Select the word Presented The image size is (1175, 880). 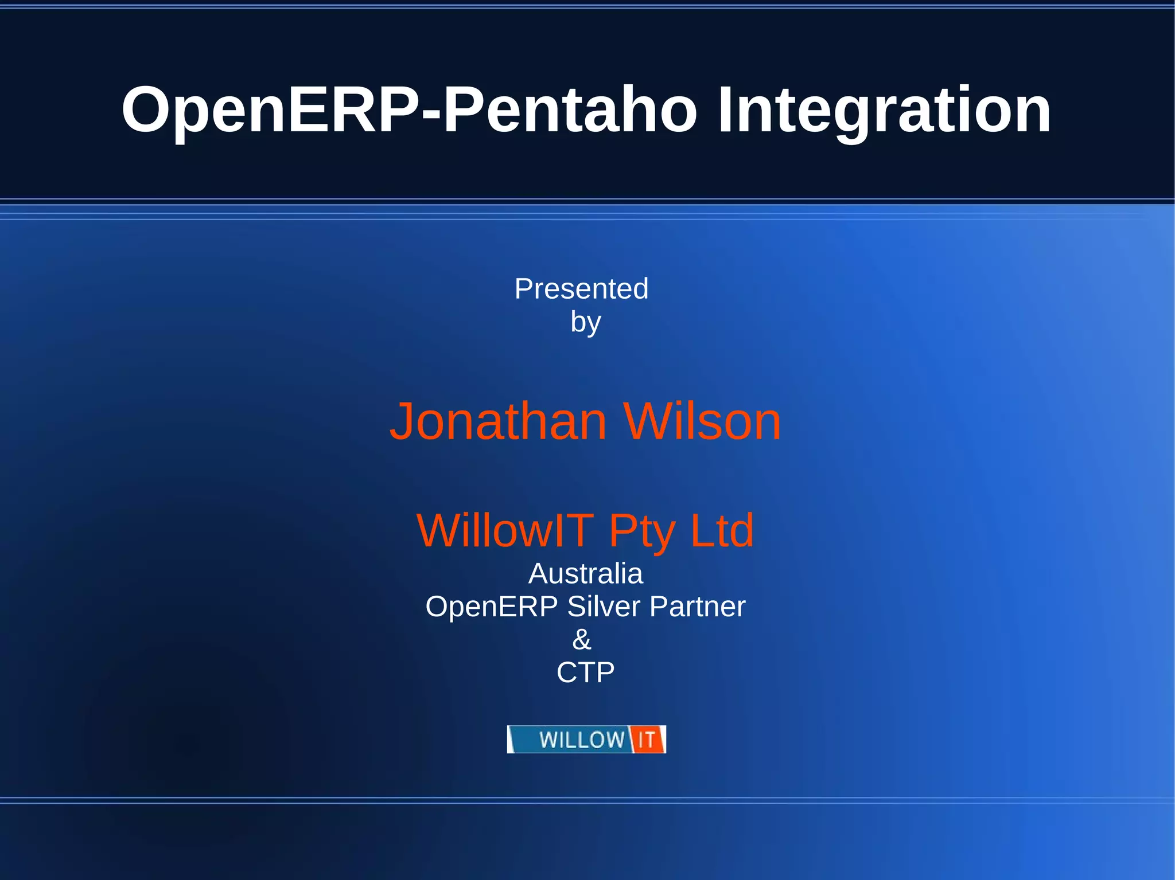point(581,288)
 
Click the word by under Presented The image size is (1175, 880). point(585,322)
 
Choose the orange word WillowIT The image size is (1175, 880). point(505,530)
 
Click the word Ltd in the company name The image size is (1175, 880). point(721,530)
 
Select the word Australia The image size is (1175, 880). point(585,573)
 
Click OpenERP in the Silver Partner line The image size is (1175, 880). point(491,607)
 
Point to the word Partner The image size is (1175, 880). point(697,607)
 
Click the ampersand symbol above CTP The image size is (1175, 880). point(582,639)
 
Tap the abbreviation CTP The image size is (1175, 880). point(585,672)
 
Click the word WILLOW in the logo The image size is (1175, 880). point(581,740)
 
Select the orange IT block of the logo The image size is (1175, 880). point(647,740)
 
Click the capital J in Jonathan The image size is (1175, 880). point(402,422)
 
